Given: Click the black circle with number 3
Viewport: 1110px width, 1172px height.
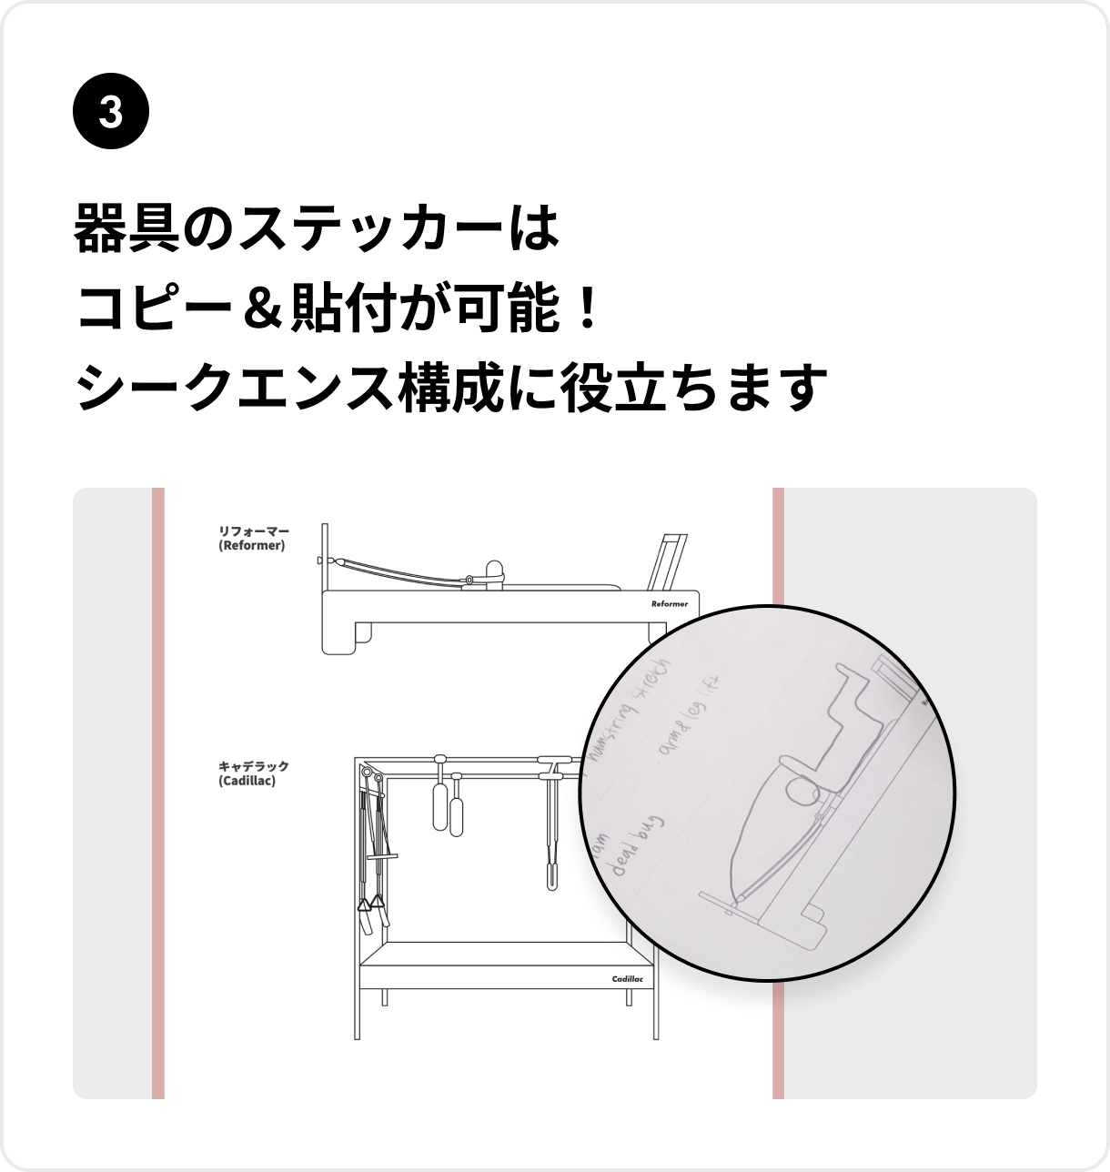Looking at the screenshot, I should coord(110,113).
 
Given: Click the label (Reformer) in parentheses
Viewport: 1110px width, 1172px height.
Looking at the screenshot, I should coord(252,546).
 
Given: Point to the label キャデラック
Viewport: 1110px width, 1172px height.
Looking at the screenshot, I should coord(253,767).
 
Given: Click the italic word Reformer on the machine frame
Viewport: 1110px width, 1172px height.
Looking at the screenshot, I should coord(669,604).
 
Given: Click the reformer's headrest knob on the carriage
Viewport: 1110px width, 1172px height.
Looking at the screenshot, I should coord(495,570).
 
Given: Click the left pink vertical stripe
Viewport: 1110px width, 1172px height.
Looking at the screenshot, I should coord(158,792).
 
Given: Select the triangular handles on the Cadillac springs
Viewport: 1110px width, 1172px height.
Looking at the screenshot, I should coord(368,904).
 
